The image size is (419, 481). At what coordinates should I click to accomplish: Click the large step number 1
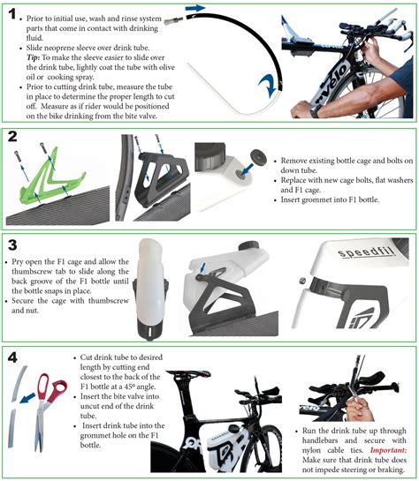12,14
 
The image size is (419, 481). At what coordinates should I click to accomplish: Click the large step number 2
12,137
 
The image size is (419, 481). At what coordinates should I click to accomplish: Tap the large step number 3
12,244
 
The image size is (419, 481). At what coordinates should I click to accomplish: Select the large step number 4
12,357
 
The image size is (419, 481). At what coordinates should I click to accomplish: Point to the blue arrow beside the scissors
27,399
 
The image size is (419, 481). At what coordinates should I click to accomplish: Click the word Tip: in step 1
34,57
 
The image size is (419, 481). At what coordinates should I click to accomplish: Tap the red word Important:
388,450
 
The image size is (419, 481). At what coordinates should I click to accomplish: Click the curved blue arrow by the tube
267,86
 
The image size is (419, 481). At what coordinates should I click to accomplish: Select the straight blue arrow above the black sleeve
195,8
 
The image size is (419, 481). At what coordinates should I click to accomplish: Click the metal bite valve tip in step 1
174,21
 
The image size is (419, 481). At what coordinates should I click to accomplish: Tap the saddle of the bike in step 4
188,374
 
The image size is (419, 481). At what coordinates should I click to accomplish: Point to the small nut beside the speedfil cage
302,281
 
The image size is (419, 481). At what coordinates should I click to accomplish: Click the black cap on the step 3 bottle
249,245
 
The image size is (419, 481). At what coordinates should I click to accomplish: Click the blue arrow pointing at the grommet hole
247,169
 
